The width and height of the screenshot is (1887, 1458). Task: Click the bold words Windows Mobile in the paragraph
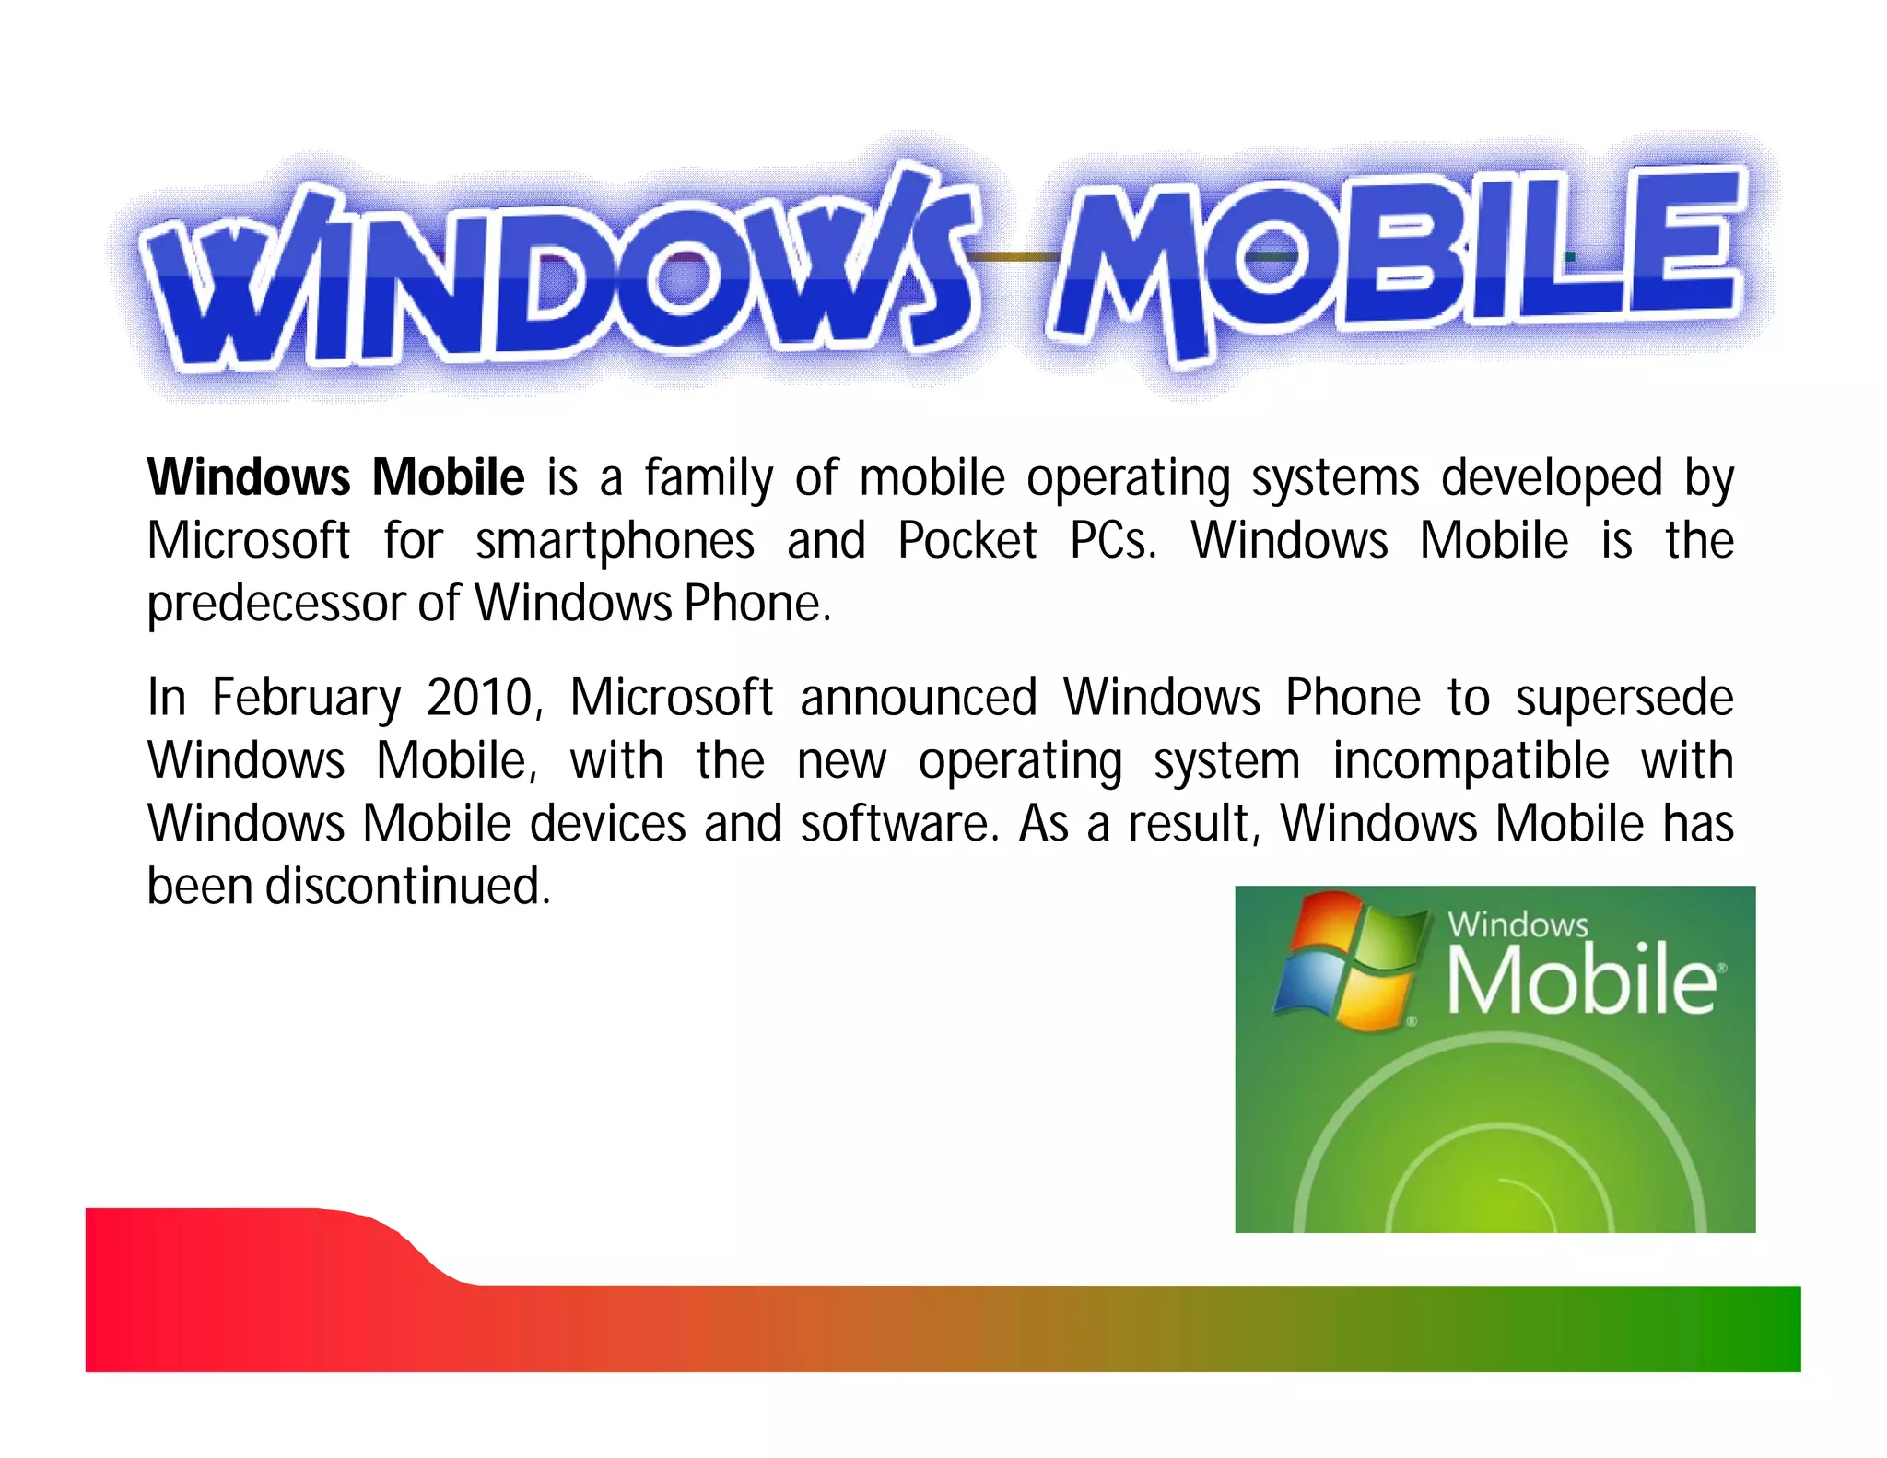pos(335,477)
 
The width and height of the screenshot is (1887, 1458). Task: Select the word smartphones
pos(615,542)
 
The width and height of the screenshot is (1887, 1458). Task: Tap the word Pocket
pos(967,540)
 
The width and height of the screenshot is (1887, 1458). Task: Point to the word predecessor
pos(275,605)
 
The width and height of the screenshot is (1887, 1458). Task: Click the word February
pos(307,699)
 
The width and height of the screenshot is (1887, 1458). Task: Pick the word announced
pos(918,698)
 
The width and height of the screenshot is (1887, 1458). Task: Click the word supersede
pos(1624,699)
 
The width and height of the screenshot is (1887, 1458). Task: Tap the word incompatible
pos(1471,762)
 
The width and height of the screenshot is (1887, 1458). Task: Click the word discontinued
pos(407,887)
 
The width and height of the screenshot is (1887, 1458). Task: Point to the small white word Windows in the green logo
pos(1518,924)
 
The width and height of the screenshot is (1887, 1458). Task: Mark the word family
pos(709,479)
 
